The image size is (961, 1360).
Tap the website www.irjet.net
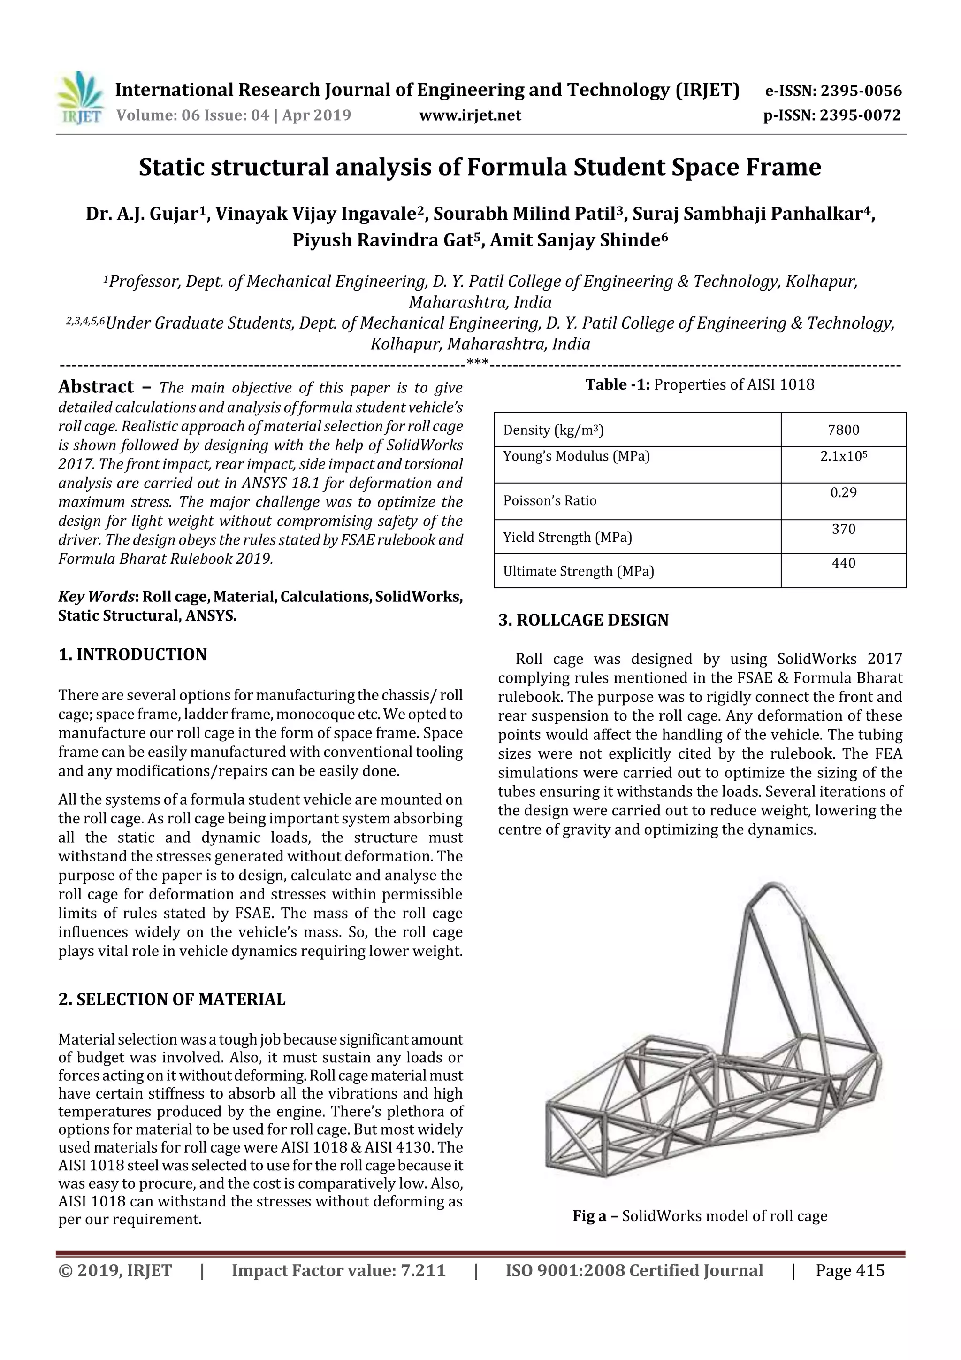tap(470, 115)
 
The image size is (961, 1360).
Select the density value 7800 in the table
tap(843, 430)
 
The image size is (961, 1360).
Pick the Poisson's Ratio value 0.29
tap(843, 493)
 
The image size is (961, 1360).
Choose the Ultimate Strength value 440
tap(843, 563)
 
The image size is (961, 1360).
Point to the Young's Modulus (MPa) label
tap(576, 456)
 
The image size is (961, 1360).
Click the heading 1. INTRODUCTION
tap(133, 654)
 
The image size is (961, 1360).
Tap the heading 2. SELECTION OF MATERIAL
tap(172, 999)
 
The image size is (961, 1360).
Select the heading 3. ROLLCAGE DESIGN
tap(583, 620)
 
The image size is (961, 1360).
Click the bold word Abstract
tap(96, 387)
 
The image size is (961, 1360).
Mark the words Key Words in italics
tap(98, 597)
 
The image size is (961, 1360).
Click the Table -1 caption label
tap(618, 385)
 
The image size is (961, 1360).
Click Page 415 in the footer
tap(850, 1270)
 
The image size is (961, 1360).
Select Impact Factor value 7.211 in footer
tap(338, 1270)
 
